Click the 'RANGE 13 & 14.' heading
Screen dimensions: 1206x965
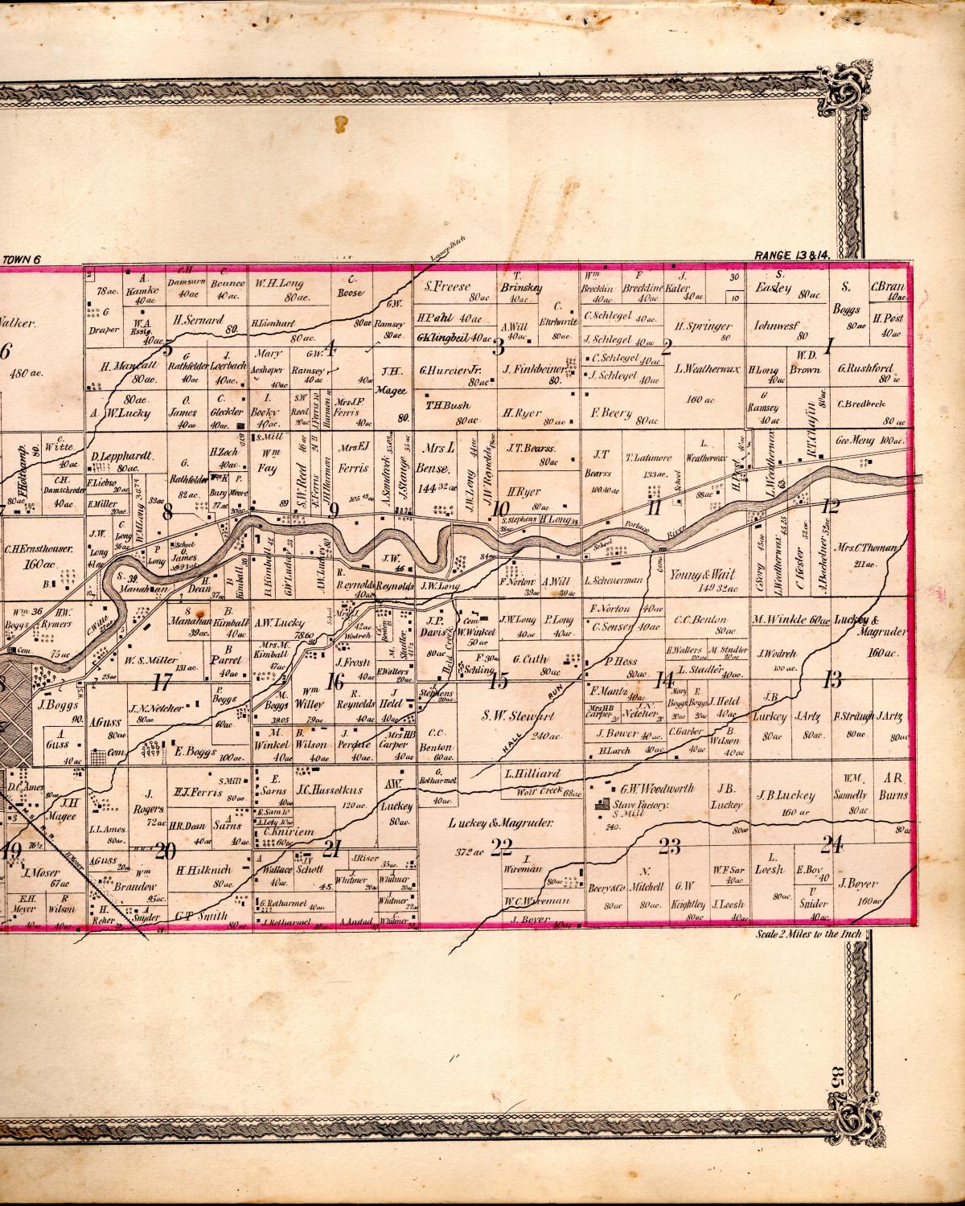click(791, 255)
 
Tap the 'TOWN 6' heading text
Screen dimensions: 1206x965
click(27, 259)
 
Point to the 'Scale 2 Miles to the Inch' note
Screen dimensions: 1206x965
click(809, 934)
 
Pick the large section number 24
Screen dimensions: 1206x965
click(832, 843)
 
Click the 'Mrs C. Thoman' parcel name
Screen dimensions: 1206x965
click(872, 548)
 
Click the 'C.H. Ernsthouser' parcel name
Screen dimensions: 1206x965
click(39, 550)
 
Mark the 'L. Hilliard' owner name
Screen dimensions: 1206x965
click(532, 773)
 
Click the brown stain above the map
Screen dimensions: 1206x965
click(341, 123)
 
